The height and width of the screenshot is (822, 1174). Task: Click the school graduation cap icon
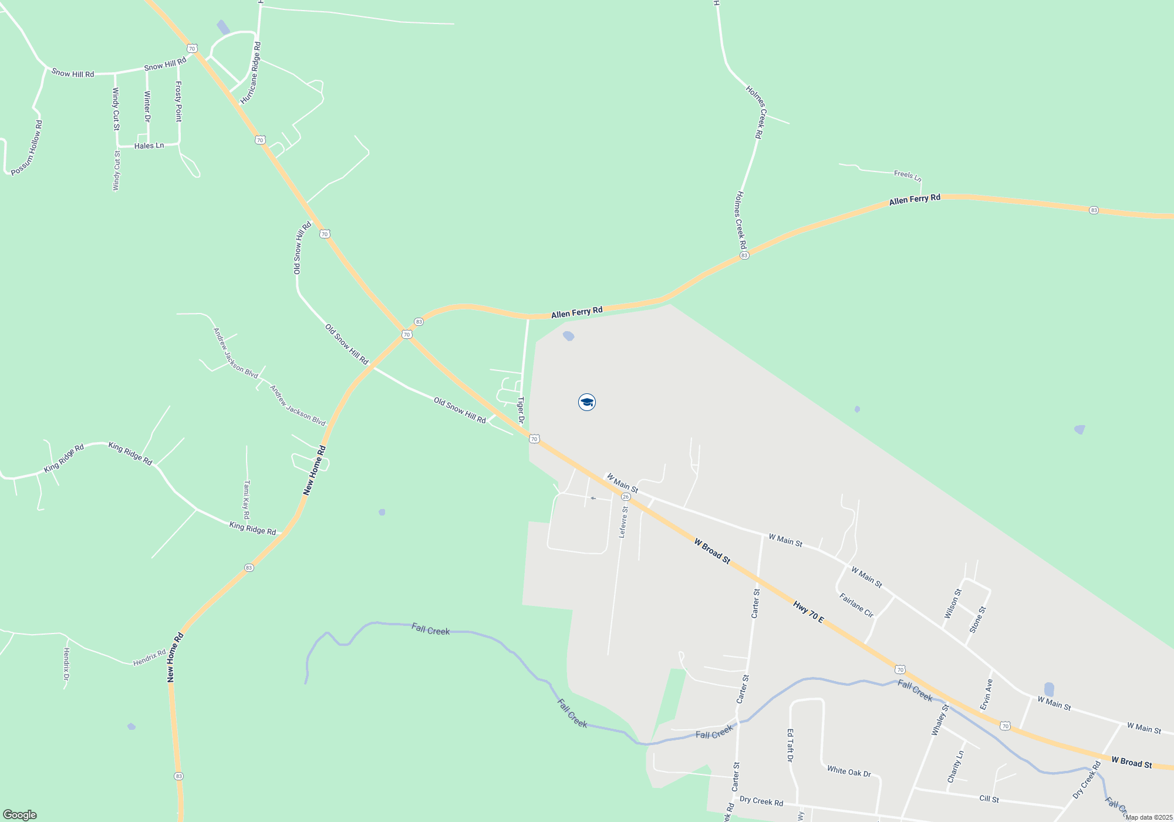point(586,402)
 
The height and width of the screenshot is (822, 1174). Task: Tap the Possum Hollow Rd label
point(27,148)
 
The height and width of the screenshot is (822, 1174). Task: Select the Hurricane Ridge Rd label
point(251,73)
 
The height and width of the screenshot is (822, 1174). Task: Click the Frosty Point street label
point(178,102)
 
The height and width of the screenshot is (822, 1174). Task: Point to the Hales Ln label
point(149,146)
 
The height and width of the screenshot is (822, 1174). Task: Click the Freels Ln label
point(908,176)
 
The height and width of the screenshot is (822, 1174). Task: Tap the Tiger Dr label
point(521,410)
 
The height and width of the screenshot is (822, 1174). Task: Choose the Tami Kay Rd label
point(247,500)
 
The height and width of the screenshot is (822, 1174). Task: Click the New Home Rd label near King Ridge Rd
point(315,470)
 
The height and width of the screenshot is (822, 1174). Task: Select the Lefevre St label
point(623,522)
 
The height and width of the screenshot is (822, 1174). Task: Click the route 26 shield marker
point(626,497)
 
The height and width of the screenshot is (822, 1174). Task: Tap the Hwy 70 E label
point(808,612)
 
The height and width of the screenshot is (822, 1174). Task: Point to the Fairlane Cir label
point(856,605)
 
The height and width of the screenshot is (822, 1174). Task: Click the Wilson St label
point(953,604)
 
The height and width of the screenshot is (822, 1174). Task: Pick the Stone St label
point(978,619)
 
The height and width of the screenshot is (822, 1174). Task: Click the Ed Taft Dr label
point(790,746)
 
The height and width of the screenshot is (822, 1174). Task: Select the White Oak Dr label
point(849,771)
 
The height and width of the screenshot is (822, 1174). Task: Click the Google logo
point(19,815)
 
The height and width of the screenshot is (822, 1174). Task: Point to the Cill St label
point(989,799)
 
